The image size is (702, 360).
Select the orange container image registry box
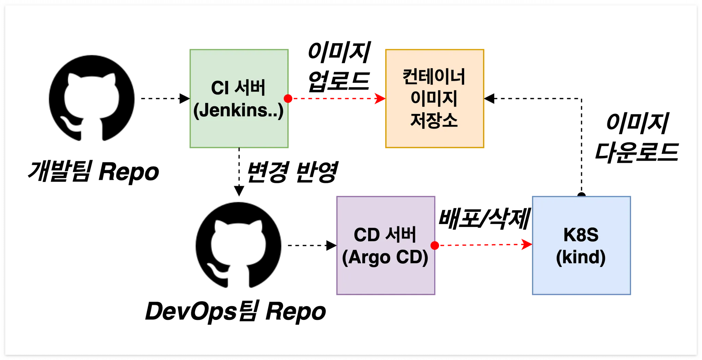(434, 137)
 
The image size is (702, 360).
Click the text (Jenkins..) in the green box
(238, 111)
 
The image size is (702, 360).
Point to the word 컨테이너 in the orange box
(434, 77)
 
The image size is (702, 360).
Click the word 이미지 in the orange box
(434, 98)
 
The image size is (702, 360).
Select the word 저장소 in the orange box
(434, 120)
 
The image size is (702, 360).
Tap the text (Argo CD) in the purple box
(385, 257)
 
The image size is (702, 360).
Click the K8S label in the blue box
(581, 235)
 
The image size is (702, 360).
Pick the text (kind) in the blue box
(581, 257)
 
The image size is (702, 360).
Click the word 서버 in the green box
(250, 88)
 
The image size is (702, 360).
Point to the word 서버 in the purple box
(401, 235)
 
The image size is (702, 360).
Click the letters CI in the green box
(220, 88)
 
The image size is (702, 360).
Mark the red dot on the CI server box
(288, 99)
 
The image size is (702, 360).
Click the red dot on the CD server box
(435, 245)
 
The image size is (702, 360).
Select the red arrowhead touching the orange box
(380, 98)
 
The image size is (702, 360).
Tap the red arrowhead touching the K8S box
(526, 245)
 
